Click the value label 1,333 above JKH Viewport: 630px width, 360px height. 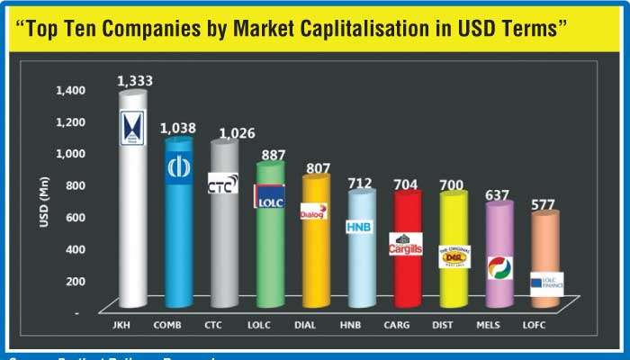(135, 81)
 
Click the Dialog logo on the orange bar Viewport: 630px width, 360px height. (314, 212)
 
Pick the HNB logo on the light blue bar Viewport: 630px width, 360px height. (359, 226)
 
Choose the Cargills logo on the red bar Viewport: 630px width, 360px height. (405, 243)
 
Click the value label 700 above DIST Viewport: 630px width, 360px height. (453, 185)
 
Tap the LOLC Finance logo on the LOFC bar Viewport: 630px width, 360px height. (547, 281)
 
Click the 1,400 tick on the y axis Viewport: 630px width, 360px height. (69, 90)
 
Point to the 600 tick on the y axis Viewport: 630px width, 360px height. (74, 216)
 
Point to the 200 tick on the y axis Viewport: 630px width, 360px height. (74, 280)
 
